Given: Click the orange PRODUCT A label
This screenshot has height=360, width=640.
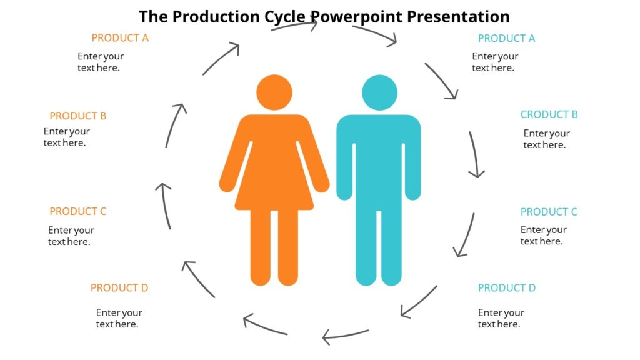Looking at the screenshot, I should pos(120,38).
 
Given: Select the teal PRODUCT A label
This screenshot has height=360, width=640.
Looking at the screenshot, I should pos(506,39).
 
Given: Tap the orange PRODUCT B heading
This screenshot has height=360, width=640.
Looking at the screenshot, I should pos(78,116).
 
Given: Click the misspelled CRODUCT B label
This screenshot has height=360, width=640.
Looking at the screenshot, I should pos(549,115).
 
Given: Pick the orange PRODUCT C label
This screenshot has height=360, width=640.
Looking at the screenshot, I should pos(78,212).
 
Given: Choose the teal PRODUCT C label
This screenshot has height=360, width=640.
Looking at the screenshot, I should pos(549,212).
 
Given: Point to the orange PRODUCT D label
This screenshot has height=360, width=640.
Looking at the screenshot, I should pos(119,288).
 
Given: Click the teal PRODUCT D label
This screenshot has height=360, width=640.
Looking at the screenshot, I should pos(507,288).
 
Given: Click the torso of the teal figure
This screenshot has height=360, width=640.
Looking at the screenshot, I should pos(379,156).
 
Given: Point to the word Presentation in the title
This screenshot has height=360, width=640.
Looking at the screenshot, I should pos(458,16).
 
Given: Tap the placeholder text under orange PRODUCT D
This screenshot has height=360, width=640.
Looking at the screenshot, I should pos(119,319).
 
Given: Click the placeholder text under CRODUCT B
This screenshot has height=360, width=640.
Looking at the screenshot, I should pos(546,139).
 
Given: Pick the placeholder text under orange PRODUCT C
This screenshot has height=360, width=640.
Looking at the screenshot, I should pos(71,236).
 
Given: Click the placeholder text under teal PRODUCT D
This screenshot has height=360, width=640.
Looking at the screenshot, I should pos(501,319).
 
